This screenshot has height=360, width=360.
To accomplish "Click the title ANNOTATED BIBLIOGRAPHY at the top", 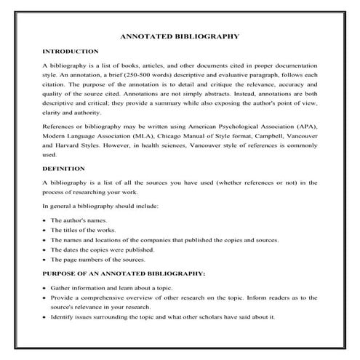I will pyautogui.click(x=179, y=36).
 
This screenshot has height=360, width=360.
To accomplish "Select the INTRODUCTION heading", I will pyautogui.click(x=71, y=52).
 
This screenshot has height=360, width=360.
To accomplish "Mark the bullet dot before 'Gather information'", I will pyautogui.click(x=45, y=288).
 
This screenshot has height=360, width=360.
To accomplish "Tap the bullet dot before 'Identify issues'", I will pyautogui.click(x=45, y=317).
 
